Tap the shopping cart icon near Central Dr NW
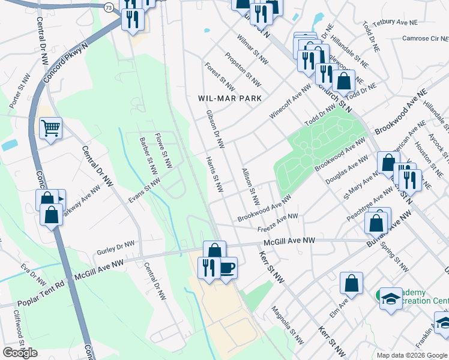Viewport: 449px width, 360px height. click(x=51, y=128)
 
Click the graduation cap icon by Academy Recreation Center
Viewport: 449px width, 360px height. click(x=391, y=298)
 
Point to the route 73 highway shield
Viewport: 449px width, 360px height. click(x=108, y=7)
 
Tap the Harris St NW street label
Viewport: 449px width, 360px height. click(x=214, y=175)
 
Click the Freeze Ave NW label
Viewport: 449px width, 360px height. click(x=277, y=223)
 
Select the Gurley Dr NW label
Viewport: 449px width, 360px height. click(x=115, y=247)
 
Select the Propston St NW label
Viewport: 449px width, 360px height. click(x=243, y=70)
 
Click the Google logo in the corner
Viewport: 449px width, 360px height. click(x=20, y=353)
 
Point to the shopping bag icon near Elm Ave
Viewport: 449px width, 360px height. click(x=351, y=283)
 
